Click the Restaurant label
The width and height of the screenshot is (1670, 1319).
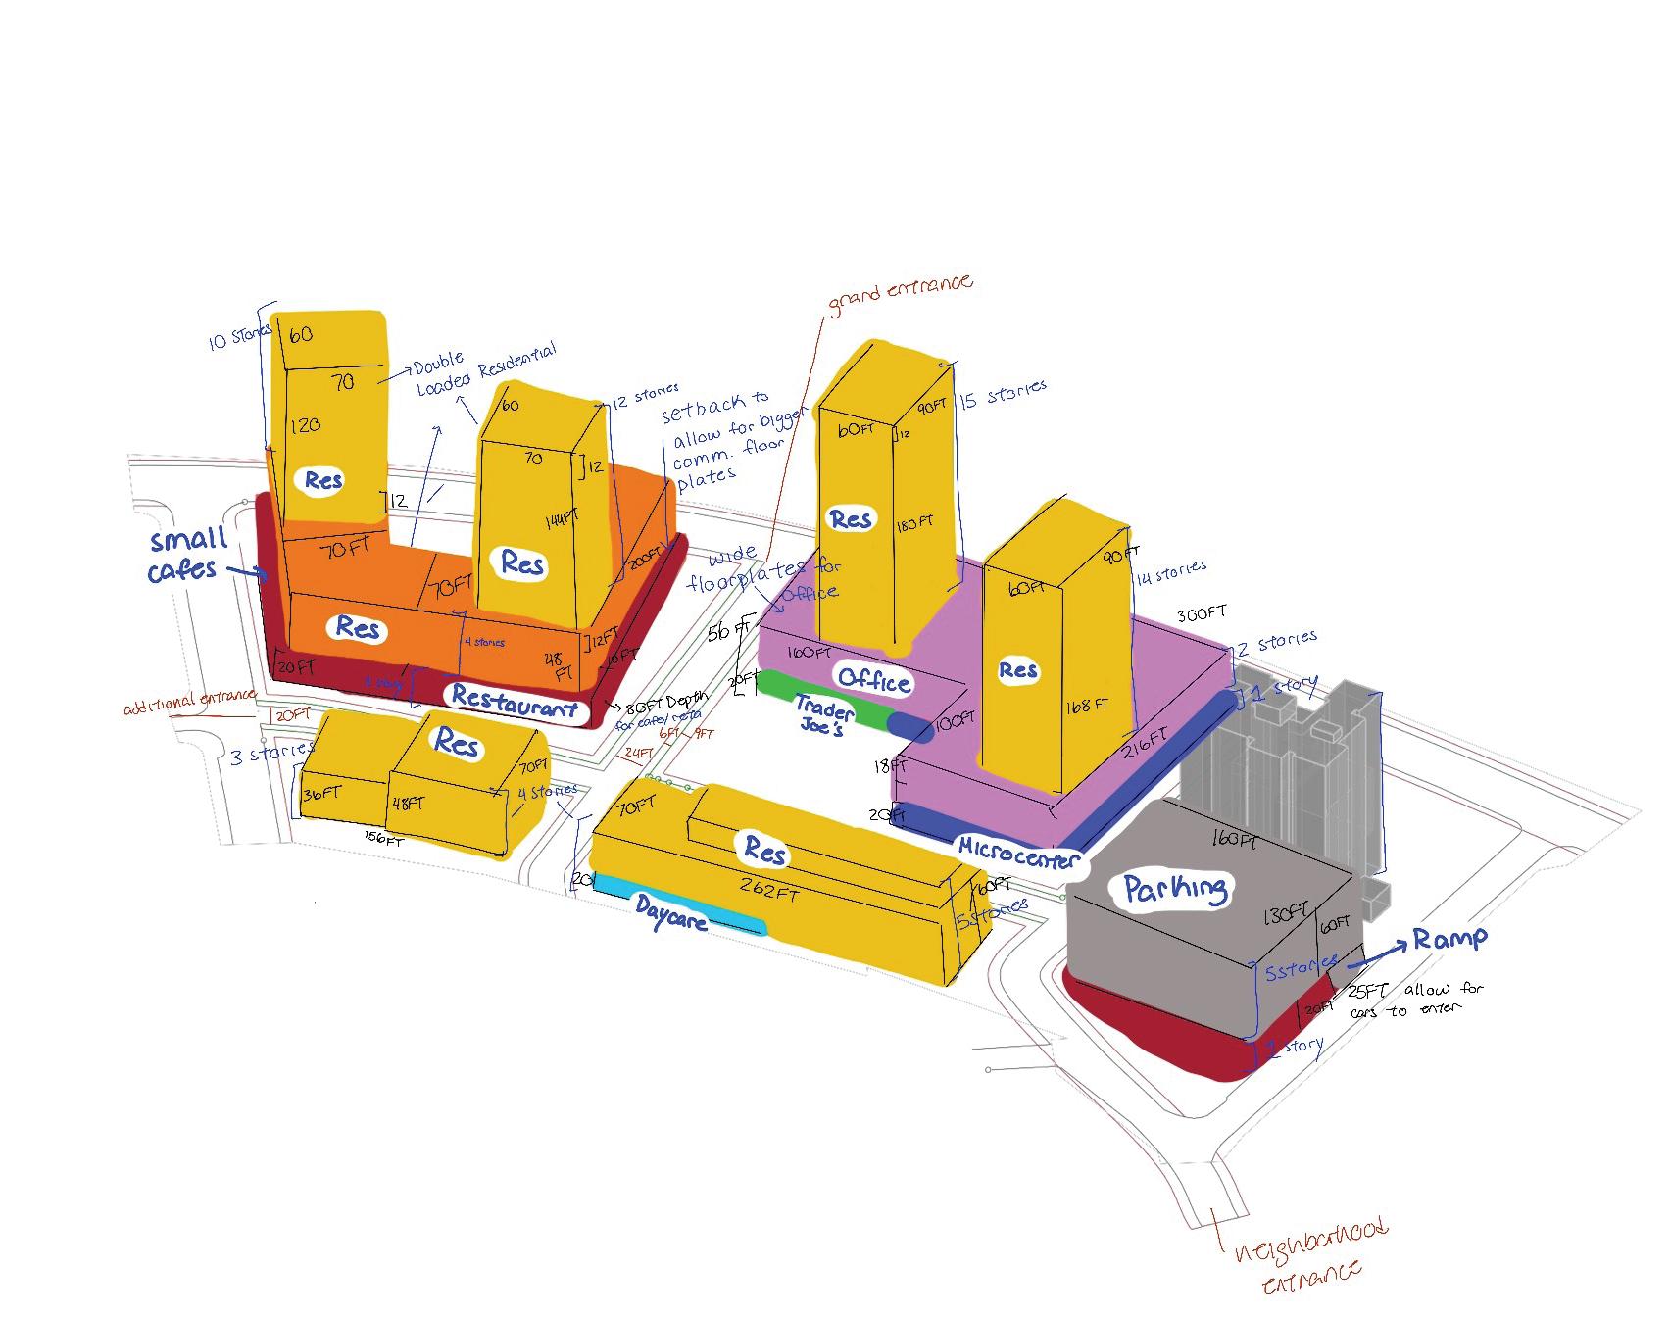click(515, 702)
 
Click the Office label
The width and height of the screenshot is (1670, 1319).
click(872, 680)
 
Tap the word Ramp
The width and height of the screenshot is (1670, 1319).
click(1449, 939)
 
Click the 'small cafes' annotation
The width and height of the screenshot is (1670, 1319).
click(186, 554)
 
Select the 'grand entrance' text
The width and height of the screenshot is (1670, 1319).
click(901, 294)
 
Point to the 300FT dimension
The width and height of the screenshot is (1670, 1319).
click(1202, 614)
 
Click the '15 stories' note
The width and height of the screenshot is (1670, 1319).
click(1003, 395)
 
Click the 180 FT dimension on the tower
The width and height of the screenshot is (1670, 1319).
click(913, 525)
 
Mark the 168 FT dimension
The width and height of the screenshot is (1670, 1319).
click(1087, 705)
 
